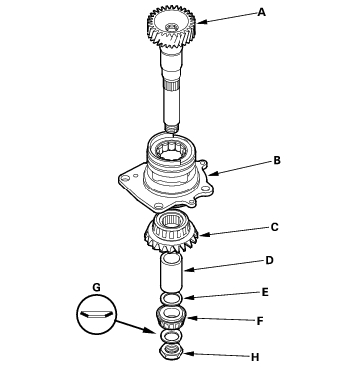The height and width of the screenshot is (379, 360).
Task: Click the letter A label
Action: point(262,13)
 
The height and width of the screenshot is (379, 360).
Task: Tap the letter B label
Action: point(277,160)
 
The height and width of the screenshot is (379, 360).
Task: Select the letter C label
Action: point(274,227)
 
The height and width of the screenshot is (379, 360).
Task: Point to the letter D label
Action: point(269,260)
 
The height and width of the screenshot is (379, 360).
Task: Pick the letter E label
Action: point(265,292)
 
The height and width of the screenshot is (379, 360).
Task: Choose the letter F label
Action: point(260,321)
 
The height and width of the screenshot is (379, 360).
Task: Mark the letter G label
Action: point(96,287)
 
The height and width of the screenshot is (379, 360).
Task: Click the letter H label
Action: point(255,357)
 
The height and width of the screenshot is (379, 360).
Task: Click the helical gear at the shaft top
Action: point(172,27)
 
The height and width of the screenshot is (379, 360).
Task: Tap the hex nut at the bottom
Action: point(172,351)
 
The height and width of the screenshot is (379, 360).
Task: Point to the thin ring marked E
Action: point(172,298)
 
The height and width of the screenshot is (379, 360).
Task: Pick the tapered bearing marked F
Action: point(172,317)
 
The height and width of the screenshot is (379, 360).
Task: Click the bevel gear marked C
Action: point(172,232)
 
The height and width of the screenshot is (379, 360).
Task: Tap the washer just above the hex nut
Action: point(172,337)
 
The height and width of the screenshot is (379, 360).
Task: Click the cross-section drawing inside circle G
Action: point(96,314)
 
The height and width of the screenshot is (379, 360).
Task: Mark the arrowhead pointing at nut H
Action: point(189,354)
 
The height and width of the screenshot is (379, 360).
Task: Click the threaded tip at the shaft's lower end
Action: point(172,128)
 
